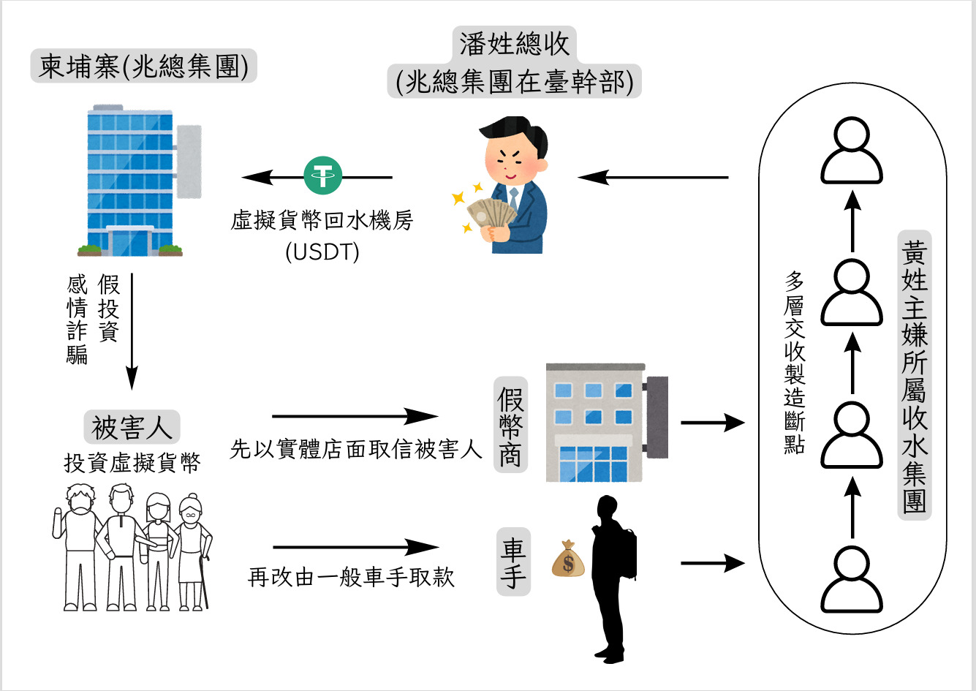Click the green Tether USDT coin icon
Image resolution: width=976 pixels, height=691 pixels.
322,176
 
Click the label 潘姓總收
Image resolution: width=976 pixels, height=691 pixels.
514,44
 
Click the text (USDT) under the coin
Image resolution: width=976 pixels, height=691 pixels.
322,252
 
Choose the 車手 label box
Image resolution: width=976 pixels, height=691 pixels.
513,564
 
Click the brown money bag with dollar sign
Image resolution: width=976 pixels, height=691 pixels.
568,560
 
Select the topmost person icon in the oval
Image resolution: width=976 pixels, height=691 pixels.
852,153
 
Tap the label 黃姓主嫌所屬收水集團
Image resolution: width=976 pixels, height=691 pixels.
914,377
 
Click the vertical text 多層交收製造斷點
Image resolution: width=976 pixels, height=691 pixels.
794,363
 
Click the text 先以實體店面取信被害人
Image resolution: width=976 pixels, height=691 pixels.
355,450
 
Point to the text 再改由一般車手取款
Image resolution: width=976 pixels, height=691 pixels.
351,578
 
